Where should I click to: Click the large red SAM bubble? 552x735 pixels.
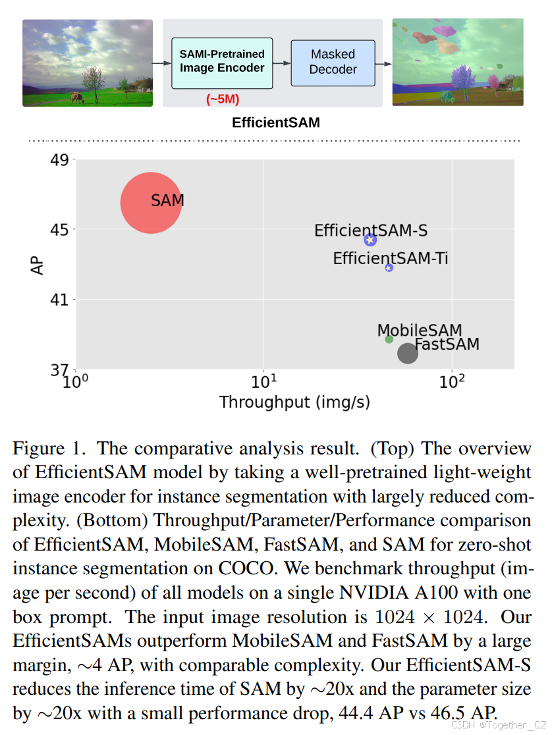coord(151,203)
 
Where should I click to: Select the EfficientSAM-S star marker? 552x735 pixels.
coord(370,240)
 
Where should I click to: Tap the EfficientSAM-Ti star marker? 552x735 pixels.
coord(389,267)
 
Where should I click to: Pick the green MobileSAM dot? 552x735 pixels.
coord(389,339)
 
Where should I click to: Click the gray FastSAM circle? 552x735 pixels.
coord(408,353)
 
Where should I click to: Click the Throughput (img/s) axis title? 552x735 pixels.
coord(294,402)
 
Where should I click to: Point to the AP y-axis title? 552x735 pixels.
coord(38,265)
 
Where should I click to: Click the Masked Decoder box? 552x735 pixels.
coord(333,62)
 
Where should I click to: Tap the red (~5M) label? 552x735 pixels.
coord(222,99)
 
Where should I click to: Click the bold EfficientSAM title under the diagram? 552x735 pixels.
coord(275,122)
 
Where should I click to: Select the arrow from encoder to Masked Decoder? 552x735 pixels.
coord(281,63)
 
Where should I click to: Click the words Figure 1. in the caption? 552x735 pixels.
coord(48,449)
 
